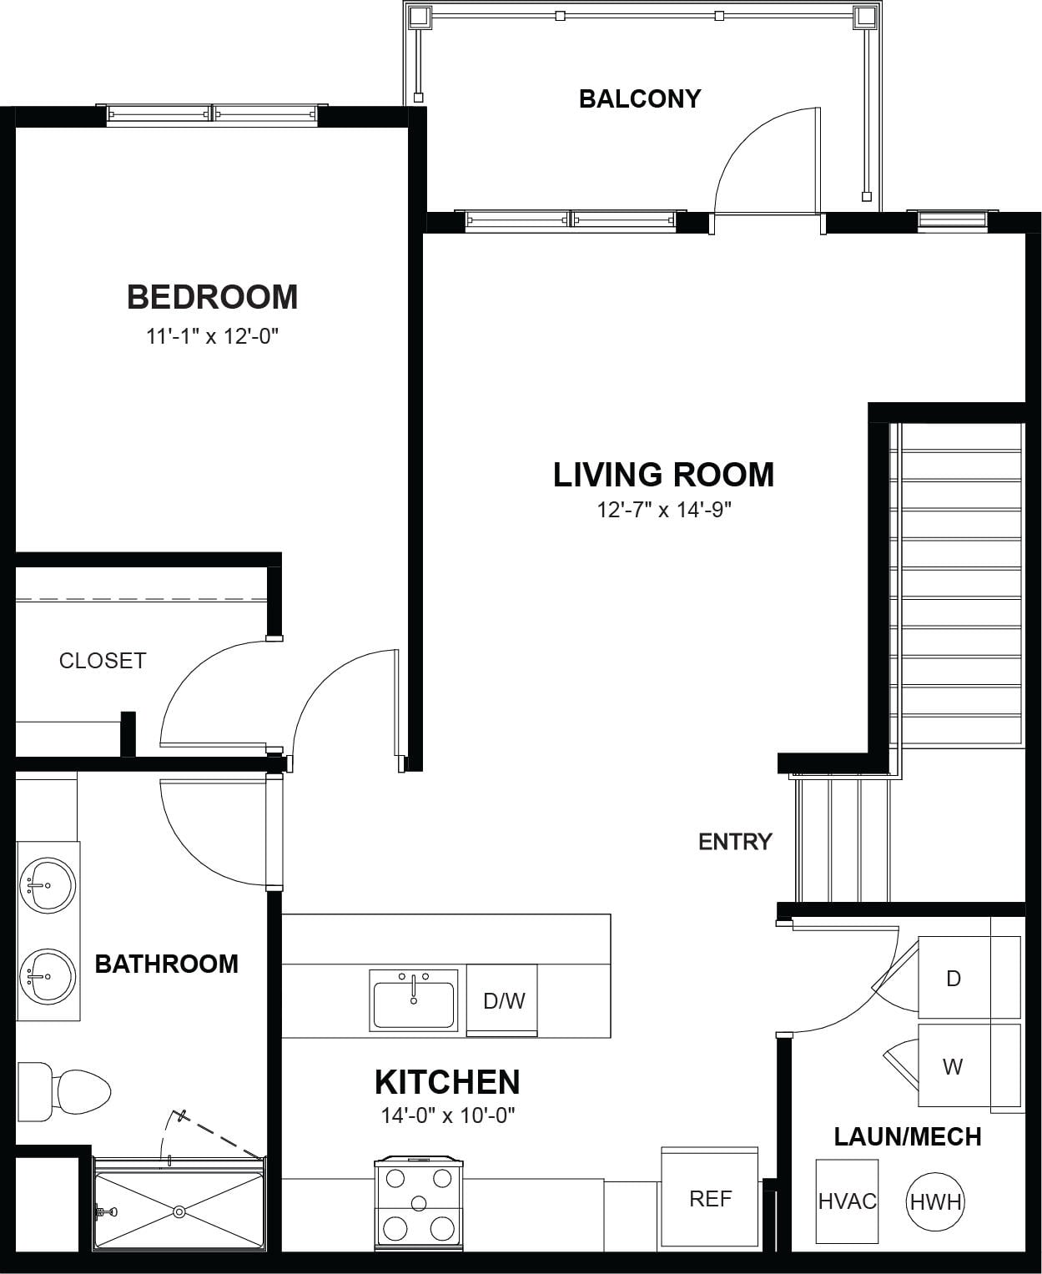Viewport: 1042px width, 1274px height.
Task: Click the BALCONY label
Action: pyautogui.click(x=640, y=98)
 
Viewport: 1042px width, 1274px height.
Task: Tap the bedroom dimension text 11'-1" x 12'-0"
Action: pyautogui.click(x=212, y=336)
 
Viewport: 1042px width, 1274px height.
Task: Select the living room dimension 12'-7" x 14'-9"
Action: pyautogui.click(x=664, y=510)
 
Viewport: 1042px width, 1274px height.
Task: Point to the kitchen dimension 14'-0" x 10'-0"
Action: pyautogui.click(x=448, y=1115)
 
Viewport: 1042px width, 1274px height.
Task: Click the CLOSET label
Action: pyautogui.click(x=103, y=661)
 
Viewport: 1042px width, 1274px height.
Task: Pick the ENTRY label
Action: pyautogui.click(x=735, y=842)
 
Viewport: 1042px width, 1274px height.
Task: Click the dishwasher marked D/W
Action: pyautogui.click(x=502, y=1000)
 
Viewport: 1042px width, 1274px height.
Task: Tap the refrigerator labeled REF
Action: pyautogui.click(x=710, y=1198)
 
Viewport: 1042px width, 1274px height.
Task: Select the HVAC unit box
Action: pyautogui.click(x=847, y=1201)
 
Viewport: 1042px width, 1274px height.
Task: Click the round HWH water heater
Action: pyautogui.click(x=936, y=1202)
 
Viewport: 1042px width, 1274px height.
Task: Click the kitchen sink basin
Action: pyautogui.click(x=414, y=1005)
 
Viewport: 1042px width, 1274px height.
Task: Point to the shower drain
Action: pyautogui.click(x=179, y=1211)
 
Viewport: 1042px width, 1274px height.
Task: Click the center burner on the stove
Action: pyautogui.click(x=419, y=1203)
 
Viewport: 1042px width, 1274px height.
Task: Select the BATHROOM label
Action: pyautogui.click(x=167, y=964)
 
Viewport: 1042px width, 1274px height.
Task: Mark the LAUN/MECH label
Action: pyautogui.click(x=908, y=1137)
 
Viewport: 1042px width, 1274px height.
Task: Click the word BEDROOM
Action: pyautogui.click(x=213, y=297)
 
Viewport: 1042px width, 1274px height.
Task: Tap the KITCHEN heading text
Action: pyautogui.click(x=448, y=1082)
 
